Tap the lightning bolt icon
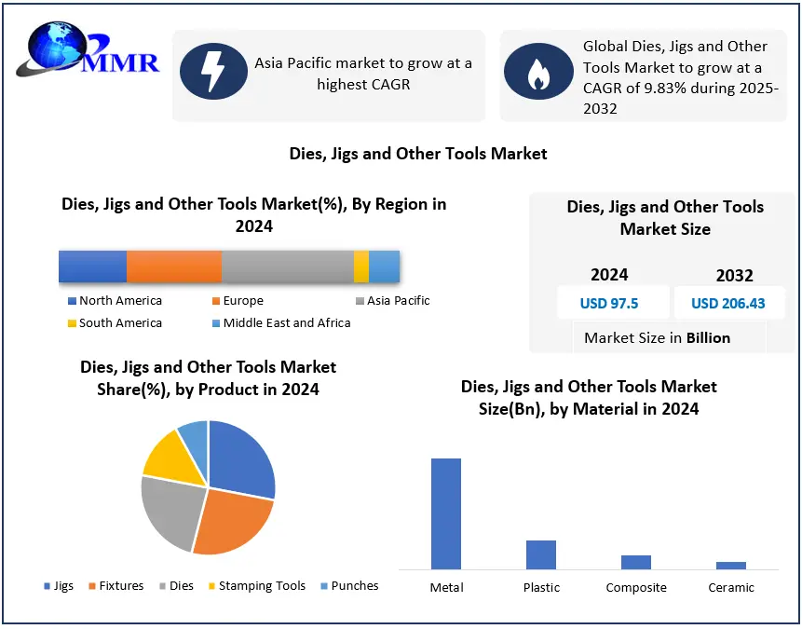click(x=213, y=71)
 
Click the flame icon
click(x=537, y=71)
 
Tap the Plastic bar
click(x=541, y=554)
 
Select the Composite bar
click(x=636, y=562)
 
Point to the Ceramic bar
click(x=731, y=565)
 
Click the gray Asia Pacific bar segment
click(x=287, y=267)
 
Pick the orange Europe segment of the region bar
click(x=174, y=267)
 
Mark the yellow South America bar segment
click(x=361, y=267)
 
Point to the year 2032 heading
click(x=734, y=276)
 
